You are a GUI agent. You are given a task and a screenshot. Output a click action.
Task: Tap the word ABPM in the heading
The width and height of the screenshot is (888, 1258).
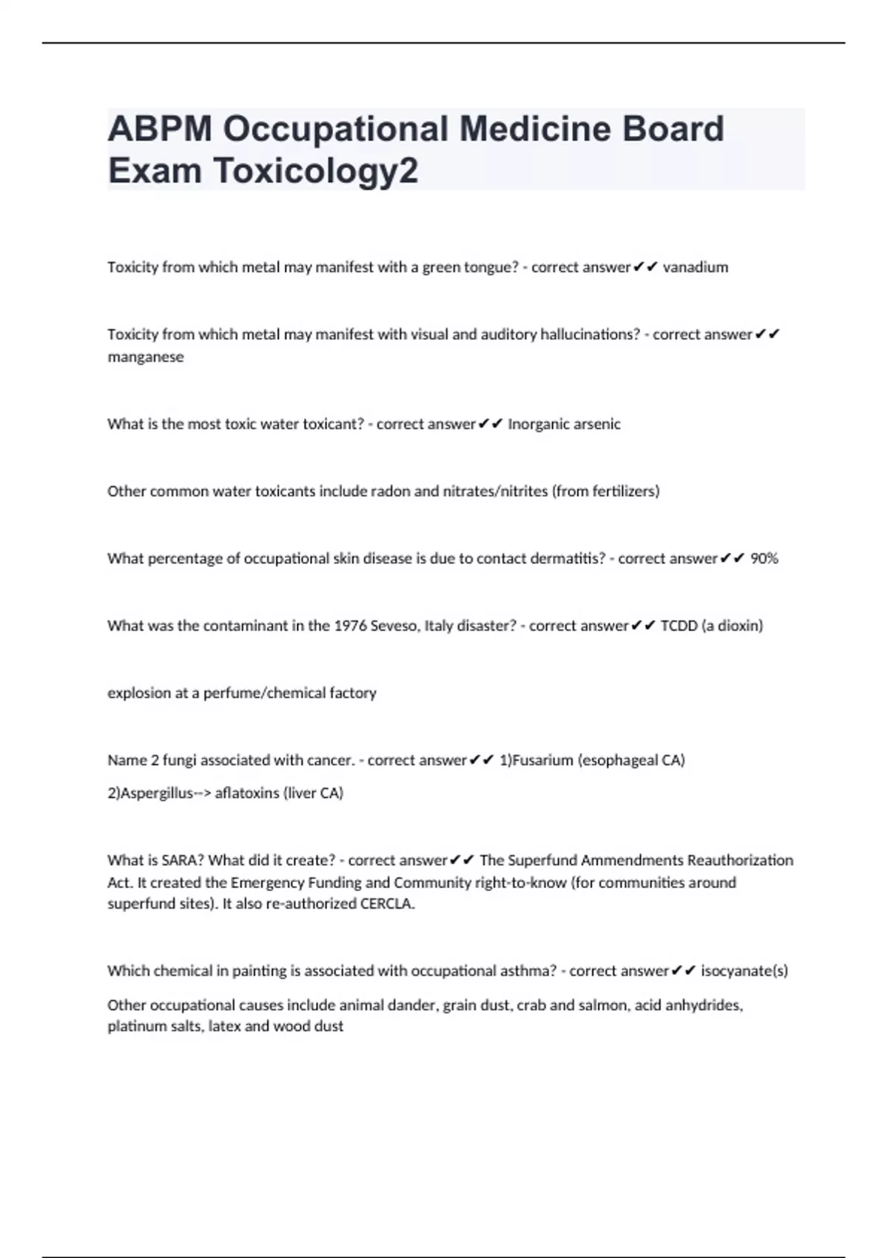[x=160, y=129]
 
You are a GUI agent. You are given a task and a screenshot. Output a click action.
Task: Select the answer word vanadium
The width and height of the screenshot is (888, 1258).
[x=695, y=267]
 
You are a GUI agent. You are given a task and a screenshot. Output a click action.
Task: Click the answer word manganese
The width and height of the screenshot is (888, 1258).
[x=145, y=357]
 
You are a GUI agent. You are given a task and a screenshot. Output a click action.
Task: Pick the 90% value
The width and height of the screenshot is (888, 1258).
[x=764, y=559]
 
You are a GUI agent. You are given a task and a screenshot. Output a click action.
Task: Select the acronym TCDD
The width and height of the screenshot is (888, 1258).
[x=679, y=626]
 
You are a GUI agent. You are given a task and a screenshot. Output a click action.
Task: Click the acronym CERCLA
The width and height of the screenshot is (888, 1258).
[x=387, y=904]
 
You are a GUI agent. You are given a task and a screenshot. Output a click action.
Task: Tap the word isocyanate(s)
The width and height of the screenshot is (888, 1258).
[x=744, y=971]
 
